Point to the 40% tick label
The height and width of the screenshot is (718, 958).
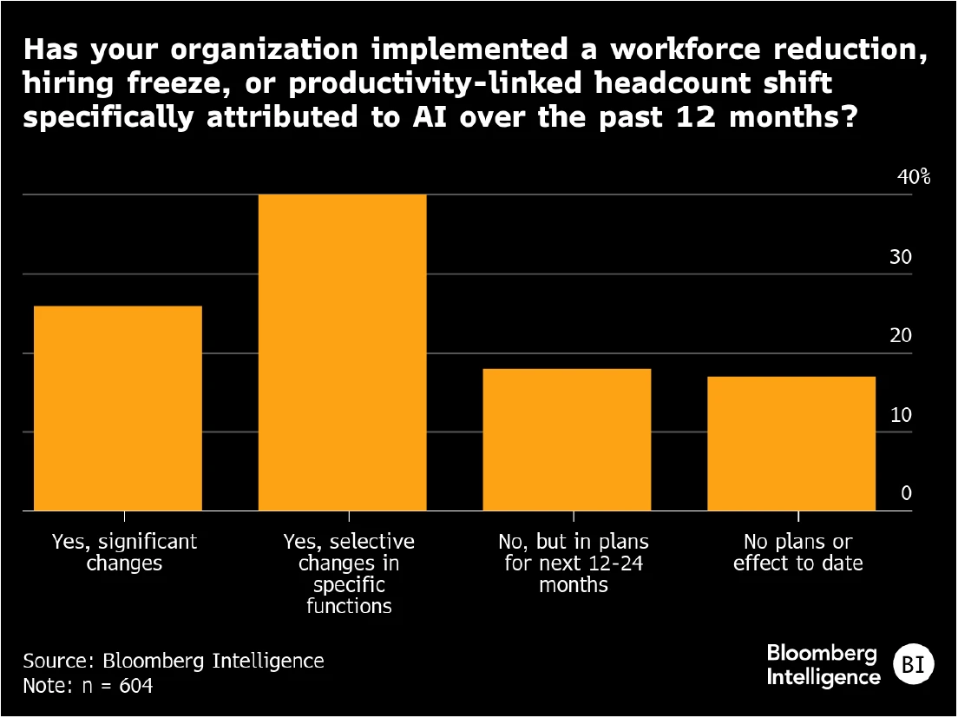[913, 178]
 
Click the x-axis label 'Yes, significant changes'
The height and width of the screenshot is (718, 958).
[124, 552]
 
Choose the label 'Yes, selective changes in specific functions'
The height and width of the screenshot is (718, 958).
[349, 573]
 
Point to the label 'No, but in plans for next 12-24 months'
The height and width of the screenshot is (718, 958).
[574, 563]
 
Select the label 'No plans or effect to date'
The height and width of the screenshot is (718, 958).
[798, 552]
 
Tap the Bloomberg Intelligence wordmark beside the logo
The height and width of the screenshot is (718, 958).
[823, 664]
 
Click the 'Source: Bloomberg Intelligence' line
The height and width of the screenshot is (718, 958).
[174, 661]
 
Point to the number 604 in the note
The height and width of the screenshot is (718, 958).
[135, 686]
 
